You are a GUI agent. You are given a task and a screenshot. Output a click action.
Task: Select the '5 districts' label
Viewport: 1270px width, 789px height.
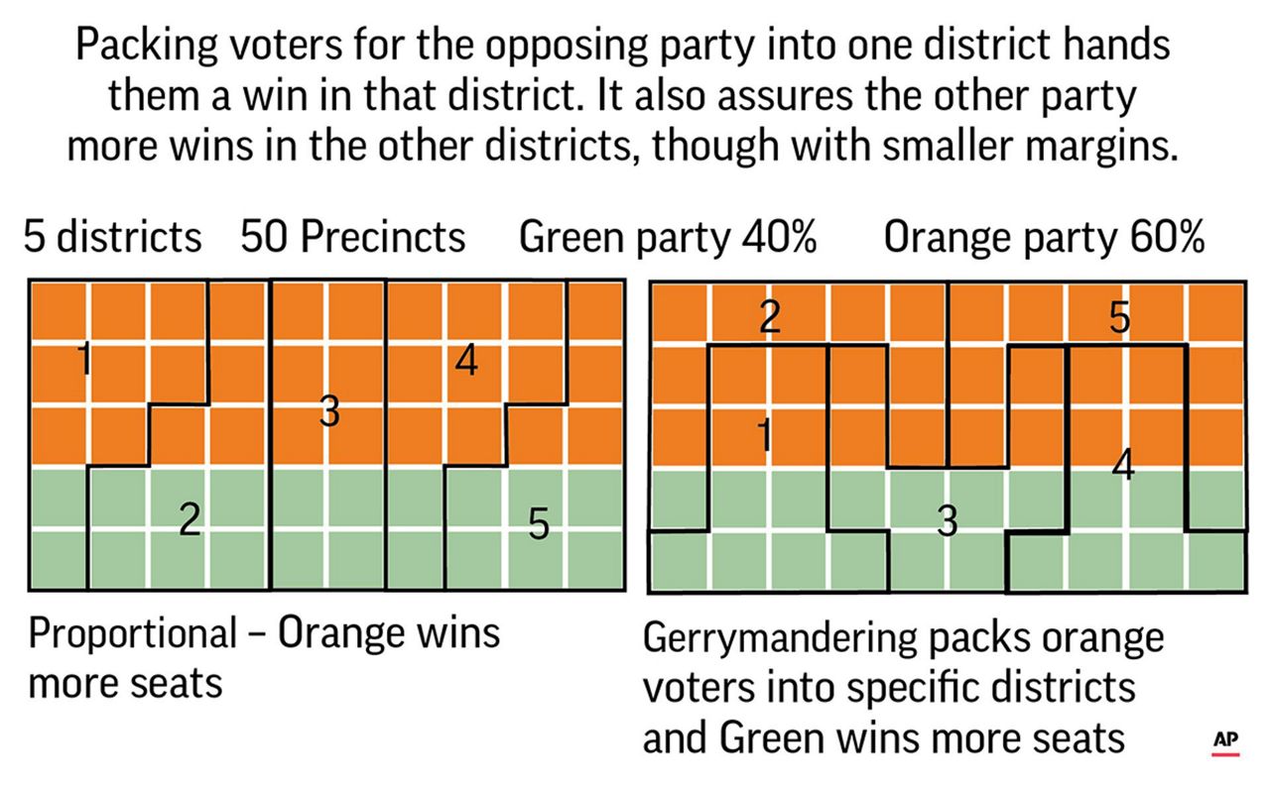(113, 238)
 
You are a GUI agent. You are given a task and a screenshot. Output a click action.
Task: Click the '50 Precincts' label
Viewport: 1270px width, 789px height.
(352, 238)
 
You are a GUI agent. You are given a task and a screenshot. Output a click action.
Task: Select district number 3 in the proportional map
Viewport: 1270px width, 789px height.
(329, 410)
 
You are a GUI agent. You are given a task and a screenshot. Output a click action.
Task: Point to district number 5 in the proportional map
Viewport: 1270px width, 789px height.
(538, 524)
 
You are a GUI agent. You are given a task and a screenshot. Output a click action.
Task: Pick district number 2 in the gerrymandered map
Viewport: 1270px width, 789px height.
(769, 317)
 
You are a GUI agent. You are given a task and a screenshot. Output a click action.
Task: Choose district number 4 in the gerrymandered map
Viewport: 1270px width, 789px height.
(1122, 464)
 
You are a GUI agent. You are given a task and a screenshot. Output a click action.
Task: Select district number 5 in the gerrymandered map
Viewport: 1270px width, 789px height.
(1118, 317)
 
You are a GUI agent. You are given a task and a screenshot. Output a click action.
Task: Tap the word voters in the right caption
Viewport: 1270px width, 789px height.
(703, 688)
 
